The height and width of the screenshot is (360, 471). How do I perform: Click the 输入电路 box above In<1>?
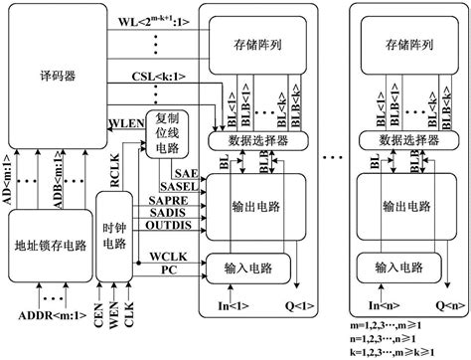click(x=247, y=267)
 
